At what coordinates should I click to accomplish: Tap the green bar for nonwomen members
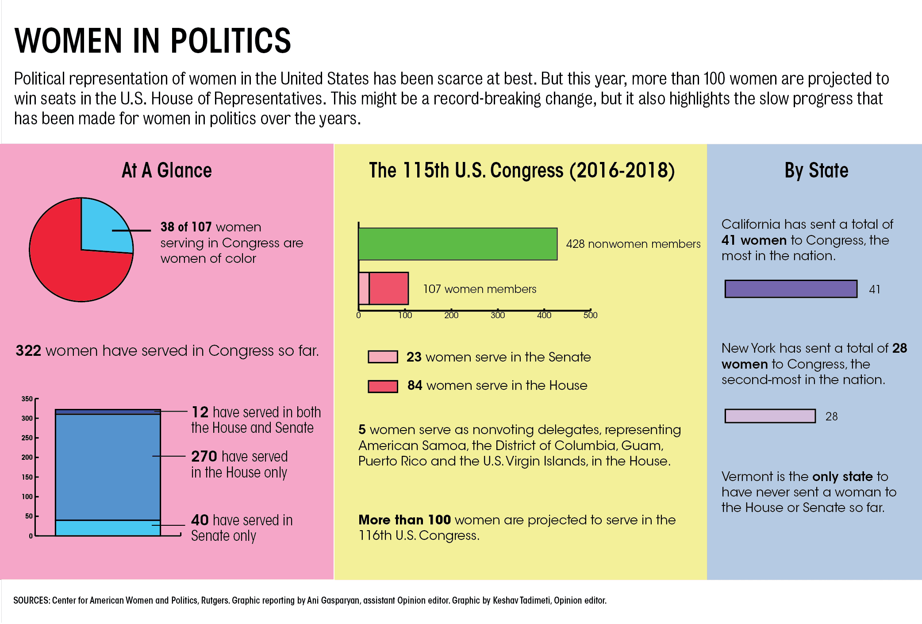coord(457,244)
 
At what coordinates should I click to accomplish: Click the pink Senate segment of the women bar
coord(364,289)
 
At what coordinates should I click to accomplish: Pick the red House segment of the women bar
coord(388,289)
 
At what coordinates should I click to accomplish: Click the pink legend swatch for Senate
coord(383,357)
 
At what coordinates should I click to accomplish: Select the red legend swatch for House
coord(383,386)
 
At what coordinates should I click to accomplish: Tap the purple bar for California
coord(791,289)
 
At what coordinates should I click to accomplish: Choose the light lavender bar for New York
coord(770,416)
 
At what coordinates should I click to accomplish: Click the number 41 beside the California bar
coord(874,289)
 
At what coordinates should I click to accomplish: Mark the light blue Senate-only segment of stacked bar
coord(108,528)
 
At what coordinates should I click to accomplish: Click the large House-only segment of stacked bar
coord(108,467)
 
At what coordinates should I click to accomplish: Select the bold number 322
coord(28,351)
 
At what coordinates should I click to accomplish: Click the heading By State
coord(816,170)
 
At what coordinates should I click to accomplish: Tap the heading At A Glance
coord(167,170)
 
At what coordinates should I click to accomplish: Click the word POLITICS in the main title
coord(230,41)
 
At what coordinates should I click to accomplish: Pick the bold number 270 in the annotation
coord(204,456)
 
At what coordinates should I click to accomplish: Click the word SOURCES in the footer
coord(31,601)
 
